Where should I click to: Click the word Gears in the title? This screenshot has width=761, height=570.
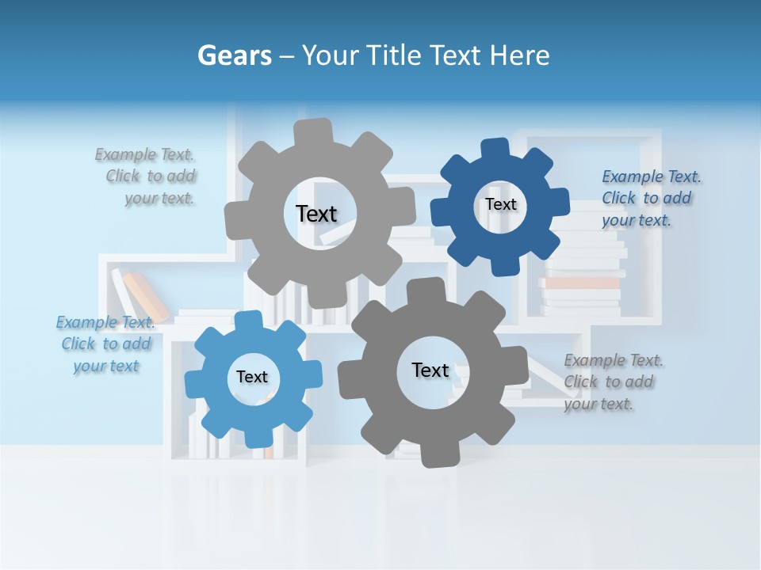pyautogui.click(x=233, y=55)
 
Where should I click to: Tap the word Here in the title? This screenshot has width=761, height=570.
pyautogui.click(x=519, y=55)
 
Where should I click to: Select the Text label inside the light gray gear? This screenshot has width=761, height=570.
pyautogui.click(x=316, y=214)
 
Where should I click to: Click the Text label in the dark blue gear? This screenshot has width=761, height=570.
pyautogui.click(x=500, y=204)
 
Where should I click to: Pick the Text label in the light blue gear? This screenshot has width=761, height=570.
pyautogui.click(x=252, y=377)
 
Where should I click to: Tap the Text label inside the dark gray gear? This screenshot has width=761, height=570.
pyautogui.click(x=430, y=370)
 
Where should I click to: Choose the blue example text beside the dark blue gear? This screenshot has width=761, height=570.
pyautogui.click(x=650, y=198)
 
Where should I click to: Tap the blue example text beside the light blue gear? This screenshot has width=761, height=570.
pyautogui.click(x=105, y=344)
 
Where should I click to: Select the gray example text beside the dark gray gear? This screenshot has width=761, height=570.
pyautogui.click(x=612, y=382)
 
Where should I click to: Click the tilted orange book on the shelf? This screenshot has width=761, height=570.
pyautogui.click(x=147, y=294)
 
